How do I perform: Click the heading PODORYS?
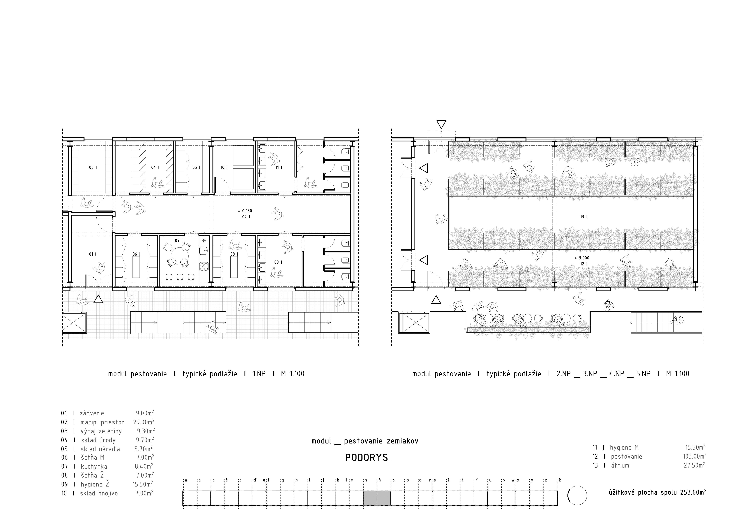pos(366,458)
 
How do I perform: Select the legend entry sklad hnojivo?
pos(99,493)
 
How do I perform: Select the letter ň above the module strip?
pos(380,480)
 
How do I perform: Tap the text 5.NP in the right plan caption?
pos(643,374)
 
